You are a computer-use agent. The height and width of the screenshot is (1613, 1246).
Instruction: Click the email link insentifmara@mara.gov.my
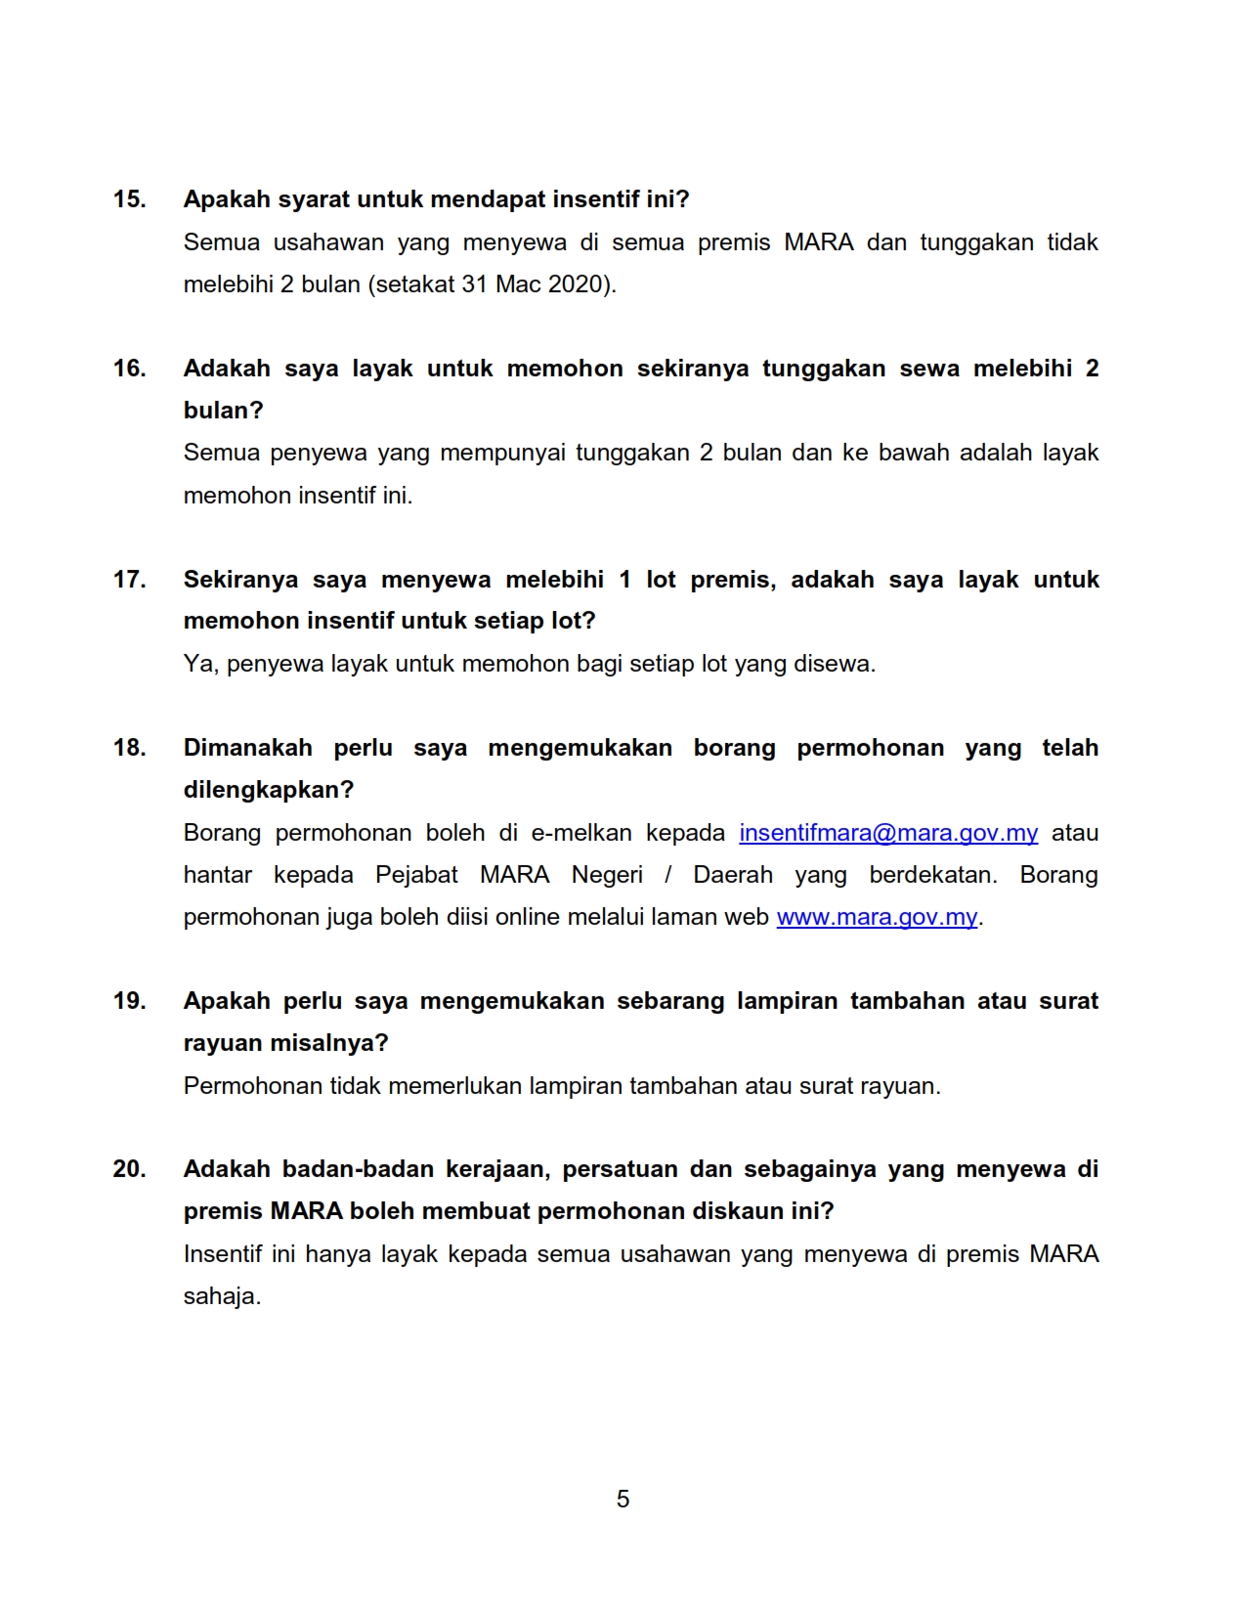click(888, 833)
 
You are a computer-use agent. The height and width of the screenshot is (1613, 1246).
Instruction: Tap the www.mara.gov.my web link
click(877, 918)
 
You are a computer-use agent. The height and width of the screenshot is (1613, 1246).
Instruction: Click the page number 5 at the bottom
click(623, 1499)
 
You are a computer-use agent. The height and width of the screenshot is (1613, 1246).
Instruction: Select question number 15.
click(129, 199)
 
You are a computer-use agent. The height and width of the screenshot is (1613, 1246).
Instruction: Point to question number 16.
click(129, 369)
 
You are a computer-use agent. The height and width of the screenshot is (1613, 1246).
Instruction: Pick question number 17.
click(129, 580)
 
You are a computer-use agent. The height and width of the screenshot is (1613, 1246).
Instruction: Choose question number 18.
click(129, 748)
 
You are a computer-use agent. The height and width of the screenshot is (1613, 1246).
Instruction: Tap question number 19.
click(129, 1001)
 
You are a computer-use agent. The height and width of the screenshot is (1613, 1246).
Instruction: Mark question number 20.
click(129, 1169)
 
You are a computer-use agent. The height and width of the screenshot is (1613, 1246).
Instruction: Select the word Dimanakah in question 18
click(248, 748)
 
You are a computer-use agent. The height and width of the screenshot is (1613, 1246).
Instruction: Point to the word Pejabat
click(416, 875)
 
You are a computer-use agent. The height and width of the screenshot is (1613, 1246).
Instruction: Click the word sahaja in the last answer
click(221, 1297)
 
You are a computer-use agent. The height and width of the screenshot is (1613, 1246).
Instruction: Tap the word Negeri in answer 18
click(607, 875)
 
